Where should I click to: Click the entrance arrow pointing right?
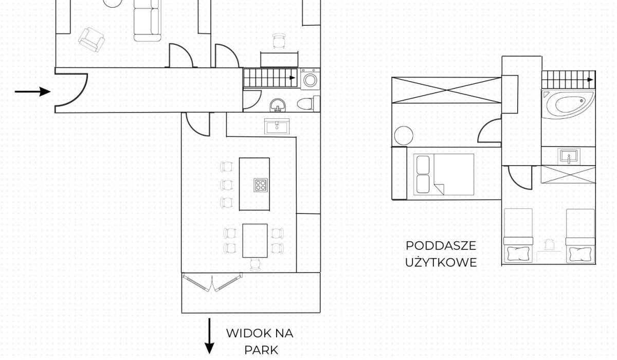coord(33,92)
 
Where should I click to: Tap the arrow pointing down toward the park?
coord(209,336)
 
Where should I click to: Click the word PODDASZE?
coord(441,246)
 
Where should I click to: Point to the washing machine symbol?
coord(310,79)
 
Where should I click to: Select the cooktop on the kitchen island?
coord(261,185)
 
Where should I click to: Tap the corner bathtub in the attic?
coord(568,104)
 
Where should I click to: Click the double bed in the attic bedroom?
coord(444,174)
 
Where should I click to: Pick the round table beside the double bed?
coord(404,136)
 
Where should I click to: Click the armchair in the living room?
coord(92,40)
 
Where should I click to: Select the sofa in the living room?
coord(148,21)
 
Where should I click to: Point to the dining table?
coord(255,241)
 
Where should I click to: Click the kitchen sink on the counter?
coord(277,127)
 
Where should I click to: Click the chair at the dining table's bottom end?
coord(256,265)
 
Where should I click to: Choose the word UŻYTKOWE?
coord(441,262)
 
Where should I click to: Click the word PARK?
coord(261,350)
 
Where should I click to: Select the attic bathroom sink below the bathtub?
coord(569,156)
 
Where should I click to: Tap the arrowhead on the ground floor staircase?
coord(293,78)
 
